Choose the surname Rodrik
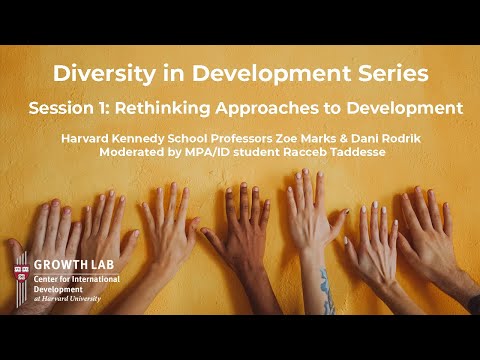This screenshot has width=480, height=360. tap(424, 138)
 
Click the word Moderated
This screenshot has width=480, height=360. tap(140, 153)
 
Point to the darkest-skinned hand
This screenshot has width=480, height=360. tap(241, 240)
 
